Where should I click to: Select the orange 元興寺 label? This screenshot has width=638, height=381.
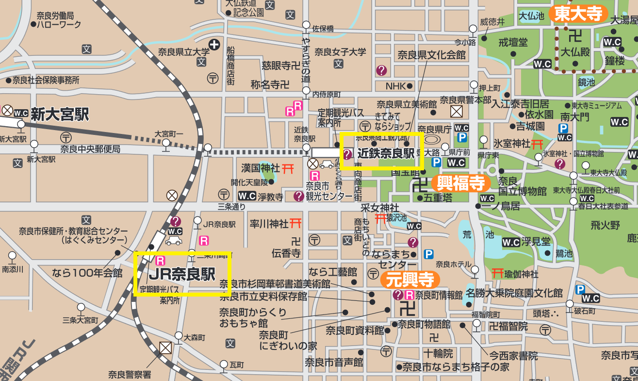click(410, 280)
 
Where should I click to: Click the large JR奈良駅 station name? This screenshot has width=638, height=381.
click(182, 274)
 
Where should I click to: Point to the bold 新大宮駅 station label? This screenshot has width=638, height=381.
click(60, 115)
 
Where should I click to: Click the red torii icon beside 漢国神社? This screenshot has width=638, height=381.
click(288, 168)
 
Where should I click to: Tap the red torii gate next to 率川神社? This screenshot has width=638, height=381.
click(296, 223)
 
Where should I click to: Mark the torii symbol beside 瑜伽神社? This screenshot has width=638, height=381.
click(497, 274)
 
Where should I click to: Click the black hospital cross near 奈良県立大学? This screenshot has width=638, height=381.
click(214, 45)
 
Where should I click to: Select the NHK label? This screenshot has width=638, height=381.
click(395, 86)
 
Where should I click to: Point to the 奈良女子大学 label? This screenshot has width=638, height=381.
click(340, 52)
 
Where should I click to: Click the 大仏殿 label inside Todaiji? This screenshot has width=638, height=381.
click(575, 51)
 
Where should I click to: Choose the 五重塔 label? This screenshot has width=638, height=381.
click(438, 198)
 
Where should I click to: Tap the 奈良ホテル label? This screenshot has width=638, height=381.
click(453, 265)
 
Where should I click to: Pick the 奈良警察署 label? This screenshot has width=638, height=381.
click(130, 374)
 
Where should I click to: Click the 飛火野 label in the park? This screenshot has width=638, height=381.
click(605, 225)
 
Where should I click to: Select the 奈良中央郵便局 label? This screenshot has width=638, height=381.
click(90, 149)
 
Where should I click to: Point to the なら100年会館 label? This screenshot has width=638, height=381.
click(87, 273)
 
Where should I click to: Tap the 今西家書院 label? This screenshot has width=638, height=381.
click(513, 356)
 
